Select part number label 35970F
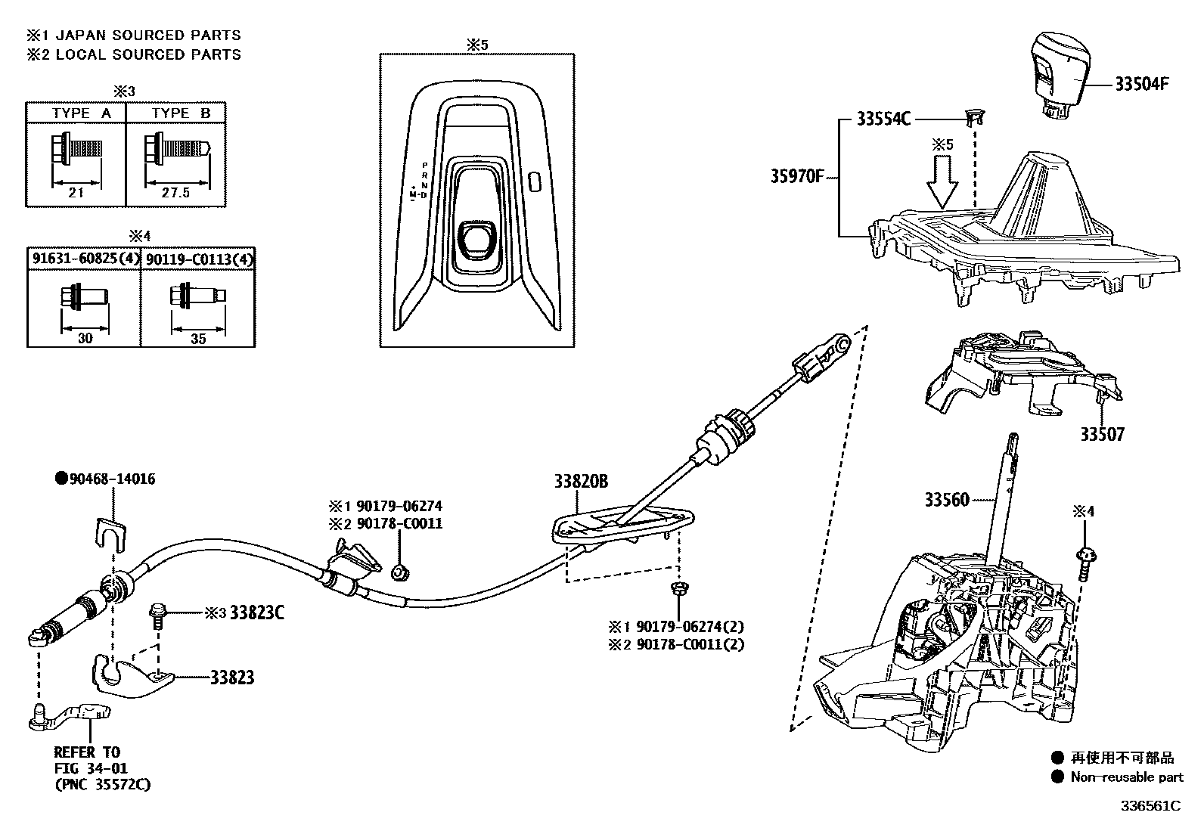click(x=796, y=177)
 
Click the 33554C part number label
click(x=883, y=119)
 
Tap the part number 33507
click(x=1102, y=434)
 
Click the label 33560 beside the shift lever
click(x=946, y=500)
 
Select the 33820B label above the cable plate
click(x=581, y=481)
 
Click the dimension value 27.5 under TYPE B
click(x=175, y=193)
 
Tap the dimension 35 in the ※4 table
click(x=197, y=339)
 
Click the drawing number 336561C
click(x=1150, y=805)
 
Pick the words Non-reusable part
click(x=1126, y=777)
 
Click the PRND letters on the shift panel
click(x=424, y=180)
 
